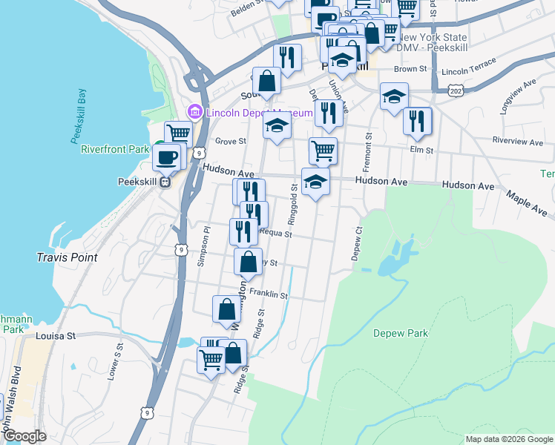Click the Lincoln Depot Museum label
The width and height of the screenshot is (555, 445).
click(x=258, y=113)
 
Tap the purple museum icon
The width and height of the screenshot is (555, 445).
click(x=196, y=112)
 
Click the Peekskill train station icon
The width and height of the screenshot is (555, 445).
click(x=165, y=181)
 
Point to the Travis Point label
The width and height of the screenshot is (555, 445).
click(x=67, y=257)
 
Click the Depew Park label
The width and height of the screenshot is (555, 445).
click(x=401, y=334)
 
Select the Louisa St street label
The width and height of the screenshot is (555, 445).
click(x=56, y=336)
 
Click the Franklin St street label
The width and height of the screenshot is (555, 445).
click(x=269, y=294)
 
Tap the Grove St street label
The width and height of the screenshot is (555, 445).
click(x=230, y=141)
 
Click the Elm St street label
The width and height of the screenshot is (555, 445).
click(x=421, y=150)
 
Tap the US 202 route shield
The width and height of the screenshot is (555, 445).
click(x=453, y=90)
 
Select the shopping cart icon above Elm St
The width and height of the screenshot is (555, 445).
click(x=323, y=151)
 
